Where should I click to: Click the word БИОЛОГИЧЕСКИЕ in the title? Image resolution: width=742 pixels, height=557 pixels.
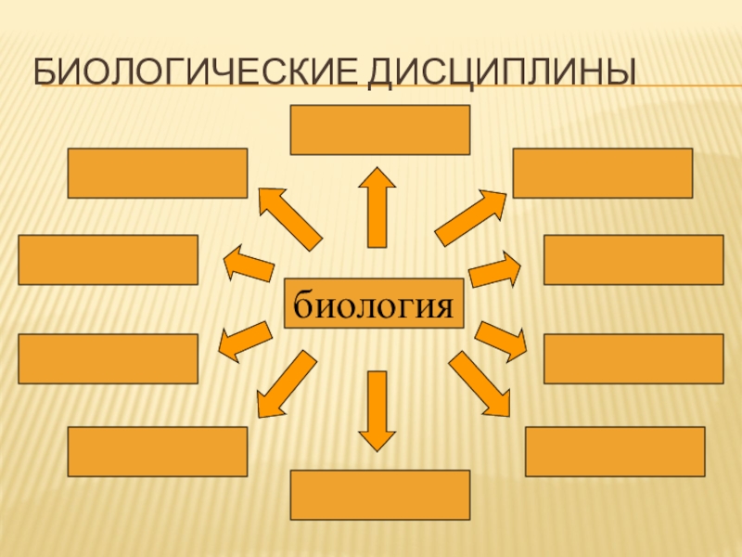(196, 72)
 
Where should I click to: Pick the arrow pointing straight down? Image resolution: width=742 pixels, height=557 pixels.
(377, 409)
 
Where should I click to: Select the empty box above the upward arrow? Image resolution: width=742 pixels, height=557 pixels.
(380, 129)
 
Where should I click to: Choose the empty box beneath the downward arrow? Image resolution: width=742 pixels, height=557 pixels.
(380, 495)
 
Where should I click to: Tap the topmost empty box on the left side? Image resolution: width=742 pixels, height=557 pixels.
(158, 173)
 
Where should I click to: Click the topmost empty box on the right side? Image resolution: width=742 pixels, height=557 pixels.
(603, 173)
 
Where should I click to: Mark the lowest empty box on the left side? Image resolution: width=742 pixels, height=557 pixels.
(158, 451)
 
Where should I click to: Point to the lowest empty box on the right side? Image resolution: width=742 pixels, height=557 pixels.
(615, 451)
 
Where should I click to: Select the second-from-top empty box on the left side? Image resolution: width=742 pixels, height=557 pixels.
(109, 259)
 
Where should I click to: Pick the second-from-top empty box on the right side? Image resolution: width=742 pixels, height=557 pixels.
(633, 259)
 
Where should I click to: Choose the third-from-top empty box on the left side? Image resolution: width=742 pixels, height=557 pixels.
(109, 358)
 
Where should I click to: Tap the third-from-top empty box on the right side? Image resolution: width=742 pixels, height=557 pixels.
(633, 358)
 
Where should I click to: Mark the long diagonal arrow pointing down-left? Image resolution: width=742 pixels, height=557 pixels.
(283, 383)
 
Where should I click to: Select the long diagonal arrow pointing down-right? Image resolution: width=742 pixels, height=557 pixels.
(480, 383)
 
